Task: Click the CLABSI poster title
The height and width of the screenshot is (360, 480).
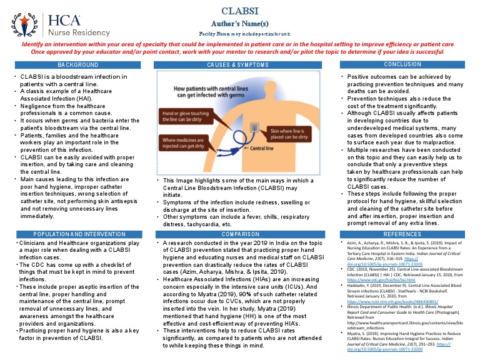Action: pos(240,11)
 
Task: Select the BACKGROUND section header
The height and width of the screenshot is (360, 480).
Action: pos(78,65)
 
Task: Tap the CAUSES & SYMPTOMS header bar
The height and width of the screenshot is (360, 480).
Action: pos(239,65)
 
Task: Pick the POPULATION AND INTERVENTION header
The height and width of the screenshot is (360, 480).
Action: pos(79,234)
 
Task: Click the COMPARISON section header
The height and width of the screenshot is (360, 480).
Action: pos(239,234)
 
